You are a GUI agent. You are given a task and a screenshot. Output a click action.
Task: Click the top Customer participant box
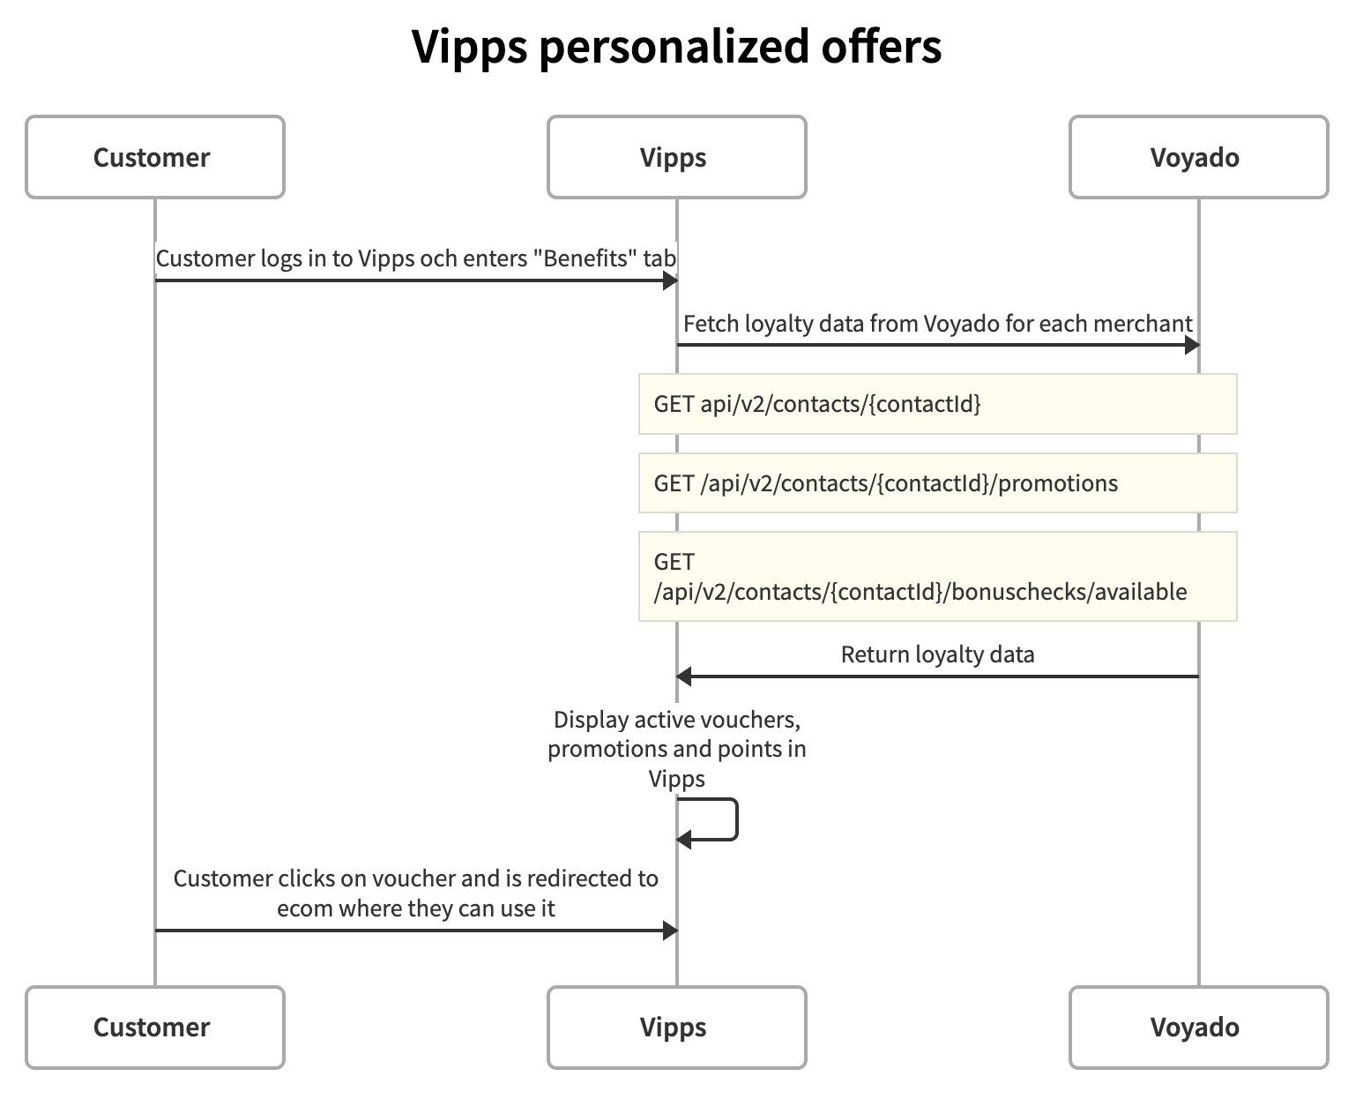(154, 157)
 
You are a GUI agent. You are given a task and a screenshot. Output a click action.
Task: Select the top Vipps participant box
(676, 157)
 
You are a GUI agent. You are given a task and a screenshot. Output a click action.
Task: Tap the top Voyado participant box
(1197, 157)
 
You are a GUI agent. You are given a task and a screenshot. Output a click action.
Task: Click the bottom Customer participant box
(154, 1028)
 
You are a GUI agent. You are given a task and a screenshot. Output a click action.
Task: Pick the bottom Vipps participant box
(676, 1028)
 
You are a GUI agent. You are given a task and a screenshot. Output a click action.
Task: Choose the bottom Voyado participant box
(1197, 1028)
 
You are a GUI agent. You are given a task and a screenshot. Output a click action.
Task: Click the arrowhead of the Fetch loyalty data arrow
(1192, 345)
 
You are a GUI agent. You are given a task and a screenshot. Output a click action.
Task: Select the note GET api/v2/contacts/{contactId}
(937, 404)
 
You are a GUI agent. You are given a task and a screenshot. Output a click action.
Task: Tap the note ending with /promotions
(937, 483)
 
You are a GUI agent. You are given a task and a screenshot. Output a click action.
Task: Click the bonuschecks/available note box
(937, 577)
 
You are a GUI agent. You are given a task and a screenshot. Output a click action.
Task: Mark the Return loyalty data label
(937, 654)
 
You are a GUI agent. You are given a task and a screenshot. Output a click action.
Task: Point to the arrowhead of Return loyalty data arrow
(683, 677)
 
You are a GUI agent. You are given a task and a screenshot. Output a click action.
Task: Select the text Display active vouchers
(676, 720)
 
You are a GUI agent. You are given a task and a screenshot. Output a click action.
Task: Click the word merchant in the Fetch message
(1143, 324)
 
